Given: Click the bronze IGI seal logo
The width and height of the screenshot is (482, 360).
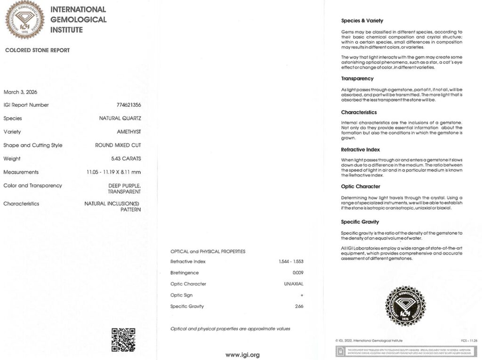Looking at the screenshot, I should [24, 20].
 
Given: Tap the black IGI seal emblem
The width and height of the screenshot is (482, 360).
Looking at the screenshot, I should [404, 306].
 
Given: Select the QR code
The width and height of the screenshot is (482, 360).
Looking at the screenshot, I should [123, 340].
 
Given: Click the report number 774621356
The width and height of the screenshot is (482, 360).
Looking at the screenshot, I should [126, 105].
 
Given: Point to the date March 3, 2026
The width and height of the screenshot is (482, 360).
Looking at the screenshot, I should [20, 92].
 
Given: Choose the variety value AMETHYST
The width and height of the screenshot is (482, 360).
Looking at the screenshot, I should [129, 132].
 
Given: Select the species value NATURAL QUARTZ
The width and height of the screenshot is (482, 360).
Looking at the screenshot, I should [120, 119].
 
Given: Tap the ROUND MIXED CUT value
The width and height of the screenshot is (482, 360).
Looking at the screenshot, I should [118, 145].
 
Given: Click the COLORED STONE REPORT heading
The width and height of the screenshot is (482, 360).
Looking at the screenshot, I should [37, 50].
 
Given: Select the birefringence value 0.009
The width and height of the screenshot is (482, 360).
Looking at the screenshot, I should [298, 273].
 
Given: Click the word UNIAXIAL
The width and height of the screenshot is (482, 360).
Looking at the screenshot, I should [294, 284].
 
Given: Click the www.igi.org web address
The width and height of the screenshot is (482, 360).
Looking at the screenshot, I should [242, 355].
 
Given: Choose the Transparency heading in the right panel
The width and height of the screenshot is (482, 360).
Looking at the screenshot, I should [357, 79].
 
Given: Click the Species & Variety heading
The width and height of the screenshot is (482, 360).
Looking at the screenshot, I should [362, 21].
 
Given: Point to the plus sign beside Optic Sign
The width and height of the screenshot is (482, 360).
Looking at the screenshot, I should [302, 296].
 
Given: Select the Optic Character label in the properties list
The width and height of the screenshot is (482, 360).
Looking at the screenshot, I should [188, 284].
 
